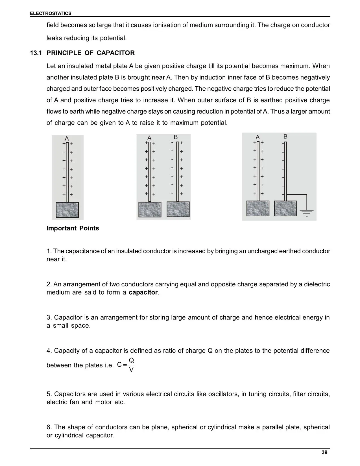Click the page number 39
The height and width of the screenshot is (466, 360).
click(324, 452)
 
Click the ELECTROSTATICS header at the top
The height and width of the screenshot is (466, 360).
click(51, 13)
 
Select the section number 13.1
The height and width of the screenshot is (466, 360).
click(36, 53)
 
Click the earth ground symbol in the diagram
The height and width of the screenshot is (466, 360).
click(307, 213)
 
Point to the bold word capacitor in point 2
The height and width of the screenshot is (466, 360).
click(143, 292)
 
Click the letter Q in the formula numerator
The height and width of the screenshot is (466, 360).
click(131, 360)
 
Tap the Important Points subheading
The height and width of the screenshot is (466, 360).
click(73, 228)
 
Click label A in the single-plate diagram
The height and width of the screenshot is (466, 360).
click(67, 139)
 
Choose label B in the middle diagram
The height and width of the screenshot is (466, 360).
click(176, 137)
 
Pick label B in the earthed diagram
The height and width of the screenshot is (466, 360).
click(285, 136)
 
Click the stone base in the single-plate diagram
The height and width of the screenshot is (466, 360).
click(67, 210)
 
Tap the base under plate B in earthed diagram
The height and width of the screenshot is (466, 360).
click(285, 208)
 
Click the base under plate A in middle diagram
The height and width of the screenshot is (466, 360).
click(150, 209)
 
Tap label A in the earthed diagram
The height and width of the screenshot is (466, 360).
click(258, 137)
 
